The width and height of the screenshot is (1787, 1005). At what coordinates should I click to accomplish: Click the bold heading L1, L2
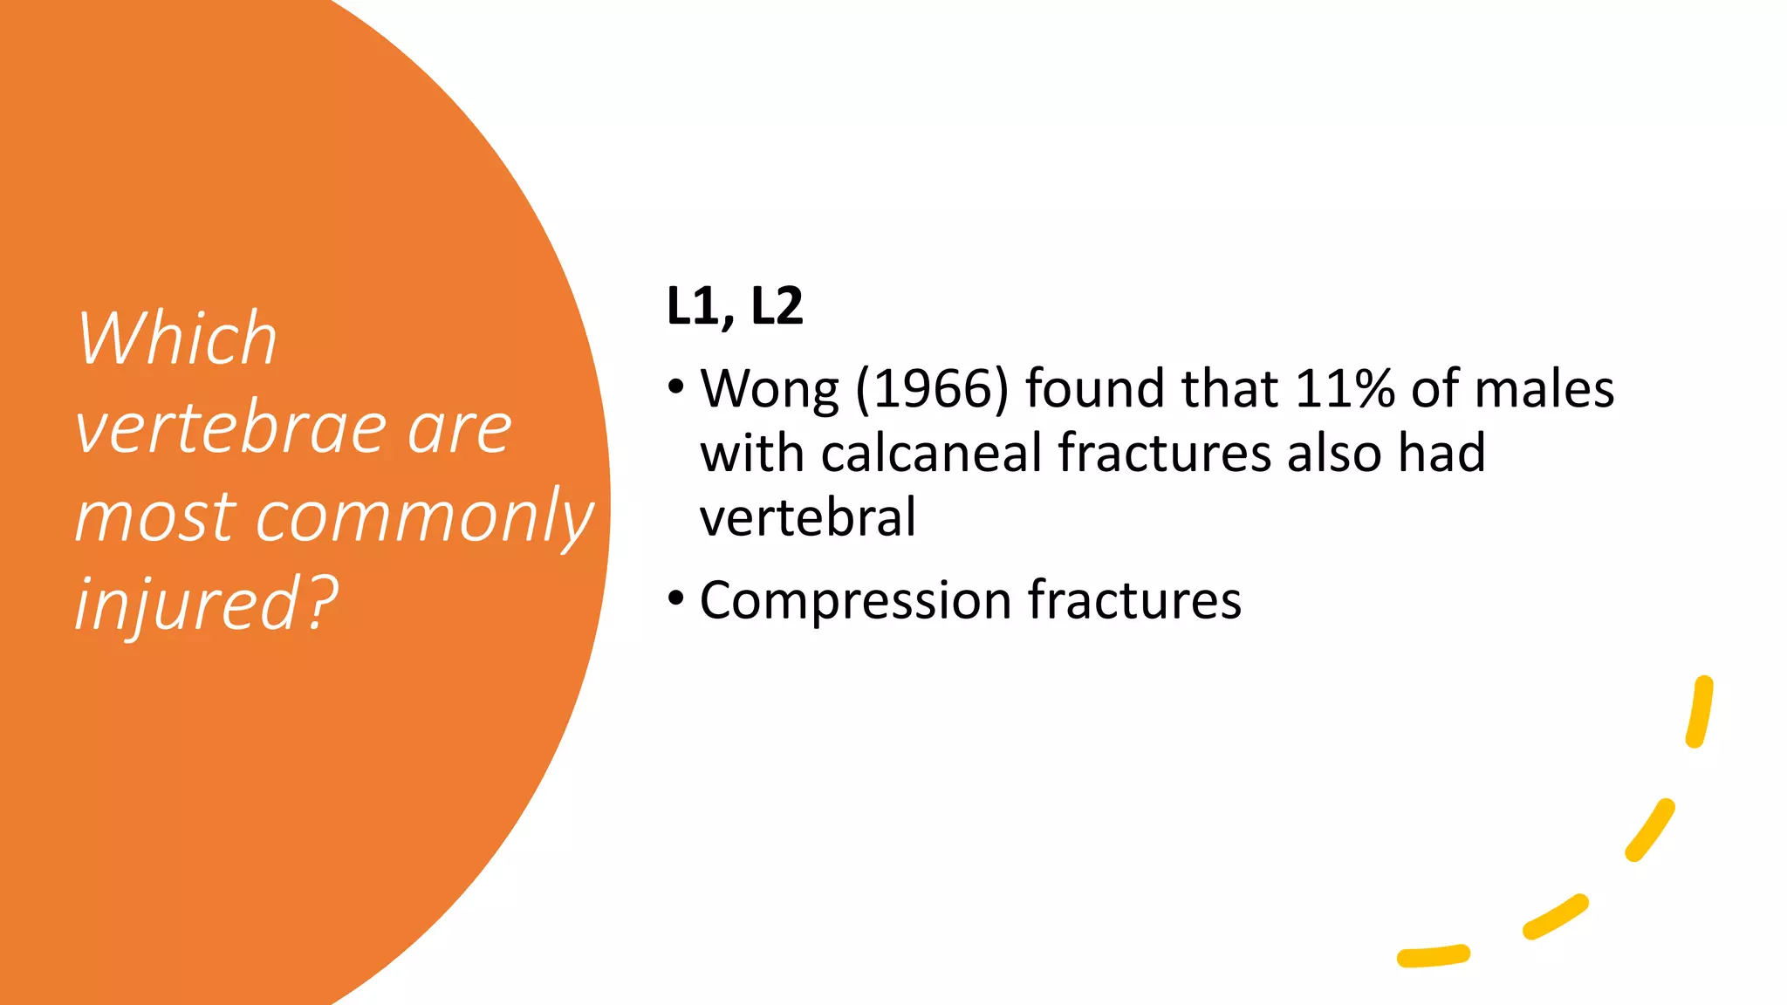pyautogui.click(x=734, y=306)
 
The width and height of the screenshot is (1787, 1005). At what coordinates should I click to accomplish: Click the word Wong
pyautogui.click(x=770, y=389)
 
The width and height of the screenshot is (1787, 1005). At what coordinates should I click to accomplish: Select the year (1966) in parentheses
pyautogui.click(x=932, y=389)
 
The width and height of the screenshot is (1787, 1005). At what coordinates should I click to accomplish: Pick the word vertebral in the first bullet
pyautogui.click(x=807, y=516)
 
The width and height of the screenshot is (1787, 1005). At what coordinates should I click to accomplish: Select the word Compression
pyautogui.click(x=855, y=601)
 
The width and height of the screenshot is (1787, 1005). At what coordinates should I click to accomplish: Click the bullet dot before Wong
pyautogui.click(x=676, y=386)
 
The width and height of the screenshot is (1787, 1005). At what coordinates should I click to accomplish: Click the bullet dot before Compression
pyautogui.click(x=676, y=598)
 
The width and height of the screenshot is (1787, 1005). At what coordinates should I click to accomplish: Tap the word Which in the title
pyautogui.click(x=177, y=338)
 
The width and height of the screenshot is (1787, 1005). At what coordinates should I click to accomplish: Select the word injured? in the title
pyautogui.click(x=206, y=604)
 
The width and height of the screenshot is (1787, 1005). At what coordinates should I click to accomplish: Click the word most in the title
pyautogui.click(x=155, y=516)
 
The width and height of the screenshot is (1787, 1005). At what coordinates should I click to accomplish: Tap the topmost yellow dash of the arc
pyautogui.click(x=1700, y=711)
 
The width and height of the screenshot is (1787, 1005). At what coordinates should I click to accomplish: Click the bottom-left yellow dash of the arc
pyautogui.click(x=1433, y=956)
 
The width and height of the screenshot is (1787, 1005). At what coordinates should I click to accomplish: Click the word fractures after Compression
pyautogui.click(x=1134, y=600)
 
